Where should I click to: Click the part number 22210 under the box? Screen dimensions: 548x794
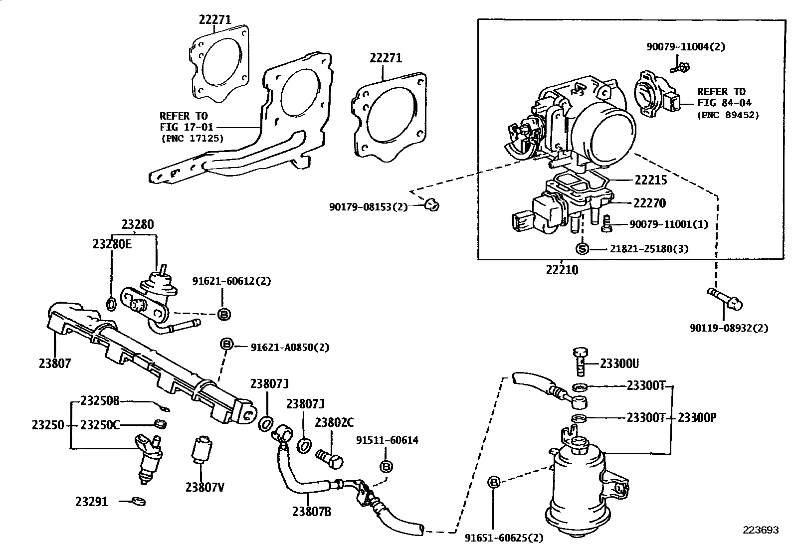coord(562,270)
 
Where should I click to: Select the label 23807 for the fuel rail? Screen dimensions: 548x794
coord(55,364)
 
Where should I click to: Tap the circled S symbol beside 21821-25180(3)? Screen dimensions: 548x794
coord(582,248)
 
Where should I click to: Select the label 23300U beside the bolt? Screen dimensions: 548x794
coord(619,364)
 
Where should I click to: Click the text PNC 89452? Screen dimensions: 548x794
coord(728,115)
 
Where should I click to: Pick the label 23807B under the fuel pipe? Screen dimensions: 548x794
coord(312,511)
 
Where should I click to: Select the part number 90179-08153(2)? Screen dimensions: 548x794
coord(368,206)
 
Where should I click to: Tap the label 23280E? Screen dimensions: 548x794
coord(112,244)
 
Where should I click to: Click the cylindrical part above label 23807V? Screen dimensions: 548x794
coord(201,448)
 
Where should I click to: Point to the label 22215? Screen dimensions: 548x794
coord(650,180)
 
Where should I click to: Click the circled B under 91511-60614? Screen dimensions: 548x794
coord(387,466)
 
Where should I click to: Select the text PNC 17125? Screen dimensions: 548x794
coord(192,138)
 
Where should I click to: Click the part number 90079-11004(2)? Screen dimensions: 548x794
coord(686,46)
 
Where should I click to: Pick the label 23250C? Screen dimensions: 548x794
coord(100,425)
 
